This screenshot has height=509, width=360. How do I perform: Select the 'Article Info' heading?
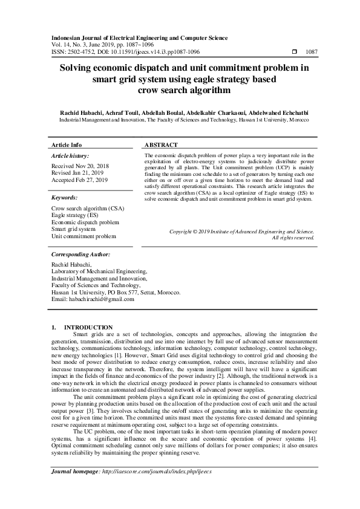[x=67, y=146]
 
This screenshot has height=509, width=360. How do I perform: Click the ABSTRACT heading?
[x=161, y=146]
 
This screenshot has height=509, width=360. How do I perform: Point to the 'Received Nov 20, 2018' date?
[x=80, y=166]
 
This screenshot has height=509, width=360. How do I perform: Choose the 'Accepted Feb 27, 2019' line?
[x=79, y=180]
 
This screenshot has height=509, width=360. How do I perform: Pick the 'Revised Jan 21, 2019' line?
[x=77, y=173]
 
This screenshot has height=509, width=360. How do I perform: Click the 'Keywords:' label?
[x=64, y=197]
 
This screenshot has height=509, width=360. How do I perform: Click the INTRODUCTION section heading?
[x=88, y=327]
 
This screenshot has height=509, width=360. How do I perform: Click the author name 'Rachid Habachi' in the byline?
[x=80, y=112]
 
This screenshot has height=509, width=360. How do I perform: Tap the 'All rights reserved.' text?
[x=293, y=238]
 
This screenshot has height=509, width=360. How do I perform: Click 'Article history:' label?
[x=70, y=156]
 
